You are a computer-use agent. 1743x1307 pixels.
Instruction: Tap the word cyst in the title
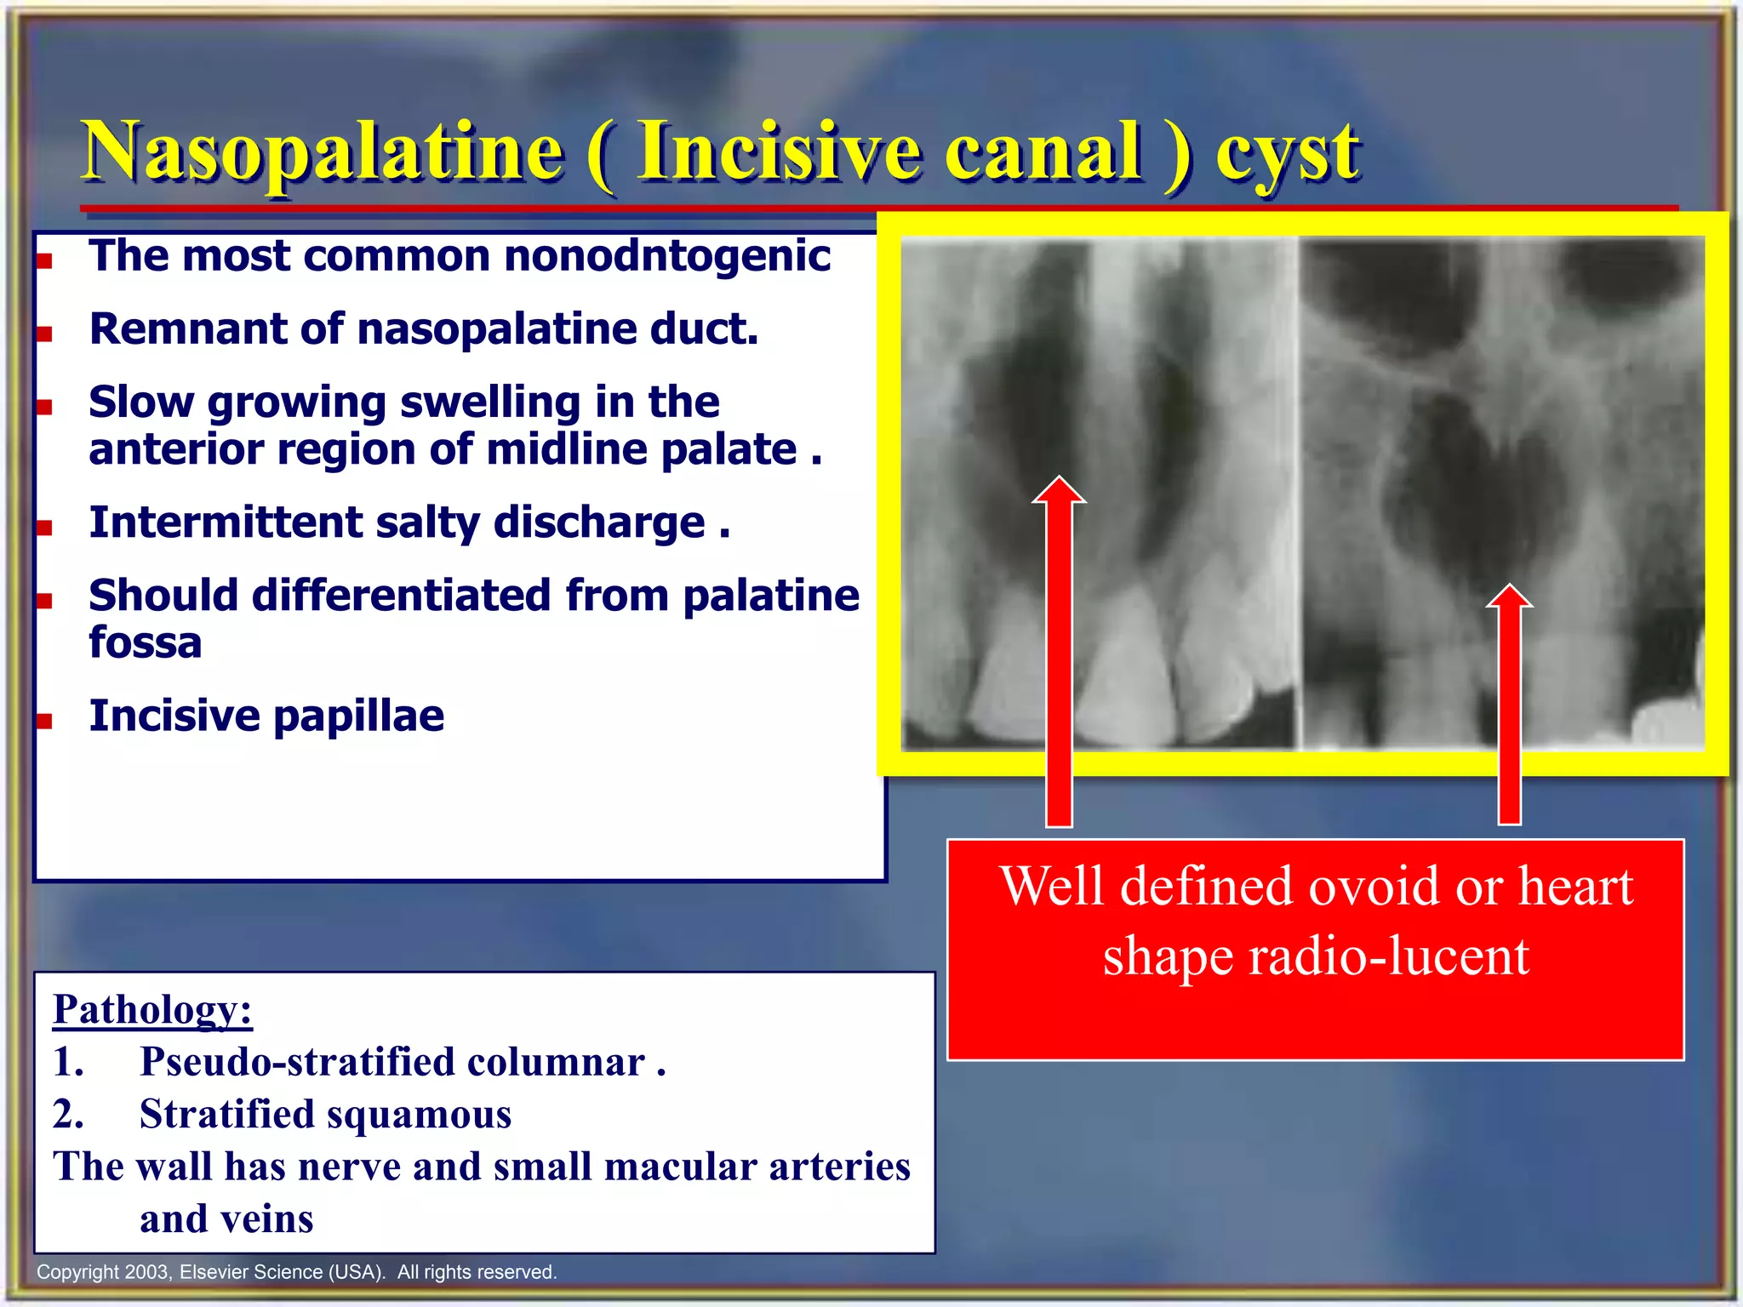(1287, 155)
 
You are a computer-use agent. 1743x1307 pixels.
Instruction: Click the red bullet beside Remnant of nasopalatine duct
(45, 334)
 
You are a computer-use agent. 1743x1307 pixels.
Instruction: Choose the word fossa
(145, 643)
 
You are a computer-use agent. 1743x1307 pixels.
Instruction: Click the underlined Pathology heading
(152, 1009)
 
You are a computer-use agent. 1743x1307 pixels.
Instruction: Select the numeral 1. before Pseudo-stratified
(68, 1062)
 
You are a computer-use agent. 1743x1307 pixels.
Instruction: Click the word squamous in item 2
(416, 1115)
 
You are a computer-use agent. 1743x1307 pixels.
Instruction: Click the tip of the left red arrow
(1059, 480)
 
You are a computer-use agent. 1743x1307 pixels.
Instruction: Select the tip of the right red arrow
(1509, 588)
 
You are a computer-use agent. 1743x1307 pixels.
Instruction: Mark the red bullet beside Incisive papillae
(45, 722)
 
